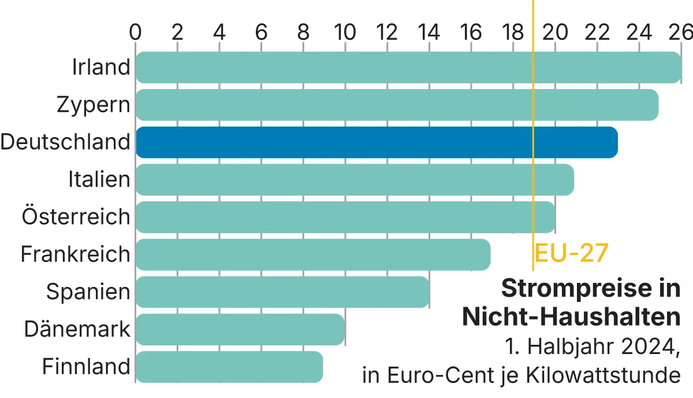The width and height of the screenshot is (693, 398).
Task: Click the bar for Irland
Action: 408,67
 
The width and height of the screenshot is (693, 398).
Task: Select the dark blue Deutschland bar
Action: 377,142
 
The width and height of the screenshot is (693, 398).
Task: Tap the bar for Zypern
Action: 397,105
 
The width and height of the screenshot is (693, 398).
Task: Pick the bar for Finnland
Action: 229,367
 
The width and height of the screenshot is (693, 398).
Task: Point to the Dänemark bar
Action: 240,329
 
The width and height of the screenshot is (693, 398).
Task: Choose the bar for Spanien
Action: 282,292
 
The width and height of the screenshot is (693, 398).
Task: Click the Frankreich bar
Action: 313,255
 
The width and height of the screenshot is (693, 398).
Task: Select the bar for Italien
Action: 355,179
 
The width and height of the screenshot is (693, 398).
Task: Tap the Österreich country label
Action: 76,217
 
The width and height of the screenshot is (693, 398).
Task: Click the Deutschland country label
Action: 65,142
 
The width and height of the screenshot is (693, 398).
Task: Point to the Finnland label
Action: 87,367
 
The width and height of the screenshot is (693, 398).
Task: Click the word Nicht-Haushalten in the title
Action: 571,317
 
